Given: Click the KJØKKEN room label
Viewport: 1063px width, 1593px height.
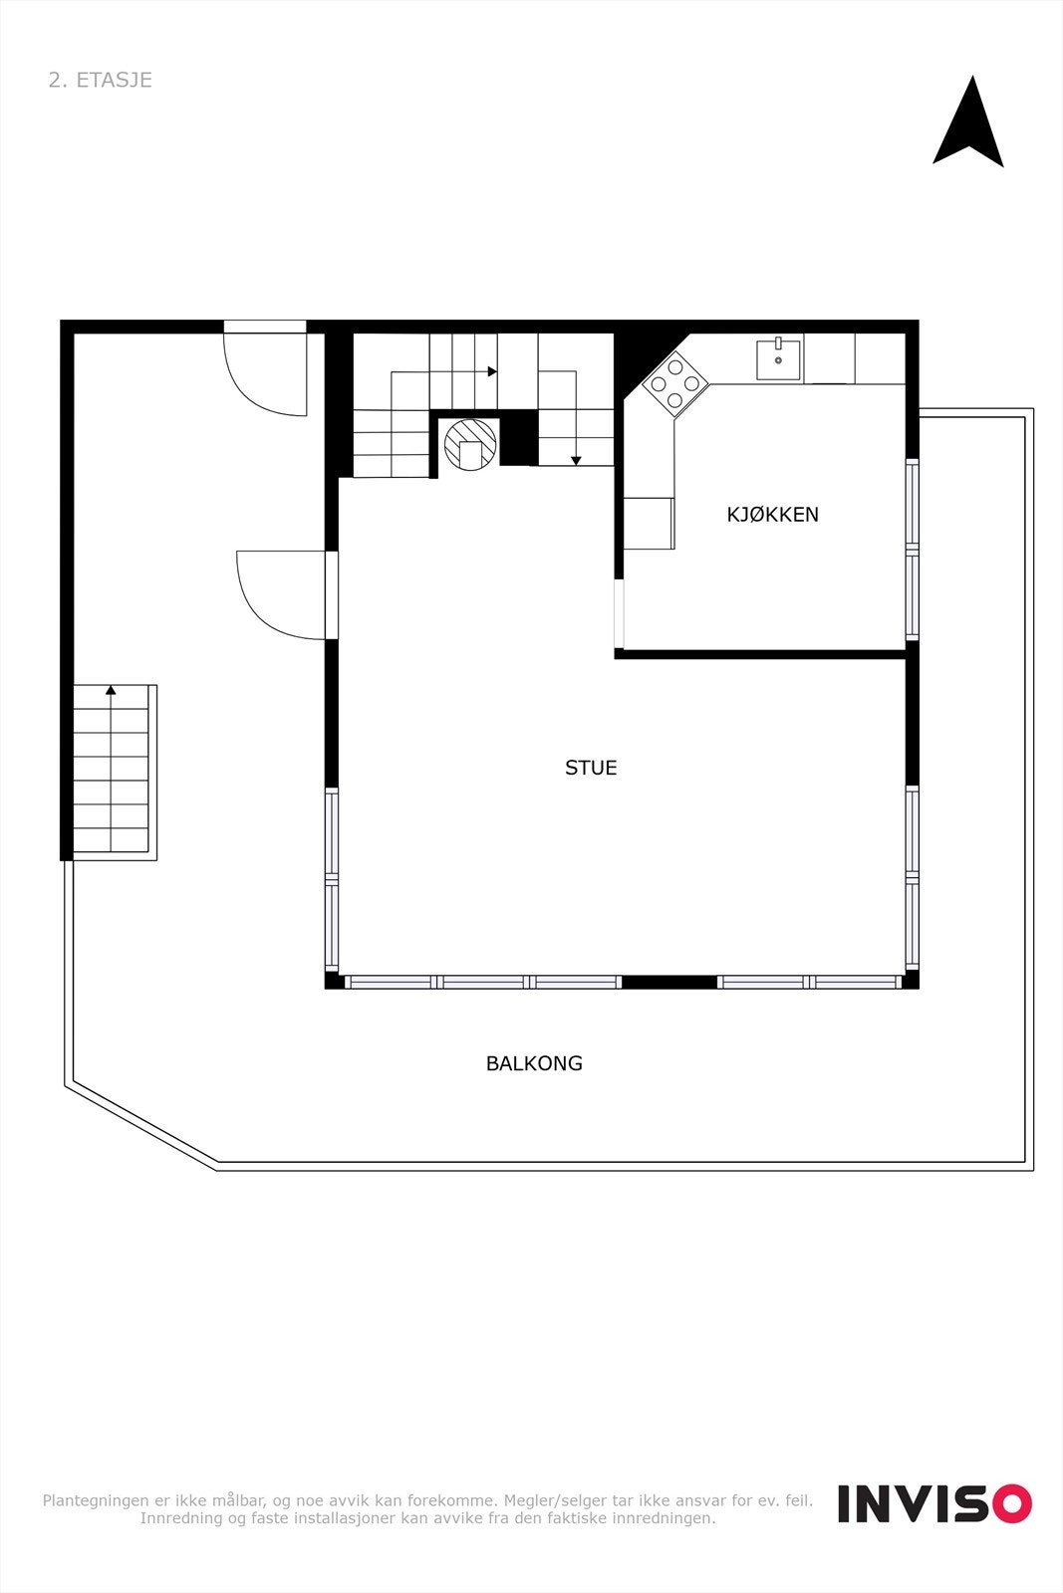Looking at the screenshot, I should coord(772,515).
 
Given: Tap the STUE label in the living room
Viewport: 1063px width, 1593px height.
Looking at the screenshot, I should coord(591,768).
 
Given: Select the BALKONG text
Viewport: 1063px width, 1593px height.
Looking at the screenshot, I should coord(534,1063).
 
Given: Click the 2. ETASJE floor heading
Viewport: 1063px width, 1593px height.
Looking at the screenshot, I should coord(100,80).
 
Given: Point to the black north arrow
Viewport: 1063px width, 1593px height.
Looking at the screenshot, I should coord(968,124).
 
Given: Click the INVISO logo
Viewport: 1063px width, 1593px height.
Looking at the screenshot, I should coord(933,1503).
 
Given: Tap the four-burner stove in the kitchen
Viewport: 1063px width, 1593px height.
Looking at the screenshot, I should coord(675,383).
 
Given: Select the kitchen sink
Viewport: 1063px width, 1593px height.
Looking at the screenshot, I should coord(778,359).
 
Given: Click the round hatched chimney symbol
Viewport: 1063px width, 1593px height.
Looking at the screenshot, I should coord(470,443).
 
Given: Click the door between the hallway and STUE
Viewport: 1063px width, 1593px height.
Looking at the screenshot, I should coord(284,595).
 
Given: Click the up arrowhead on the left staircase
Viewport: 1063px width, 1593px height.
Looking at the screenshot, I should coord(111,689).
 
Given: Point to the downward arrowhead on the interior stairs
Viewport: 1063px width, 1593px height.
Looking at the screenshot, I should coord(576,460).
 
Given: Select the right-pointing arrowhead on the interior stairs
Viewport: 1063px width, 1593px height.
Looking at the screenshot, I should coord(492,371).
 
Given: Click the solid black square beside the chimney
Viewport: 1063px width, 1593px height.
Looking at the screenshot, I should coord(518,439).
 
